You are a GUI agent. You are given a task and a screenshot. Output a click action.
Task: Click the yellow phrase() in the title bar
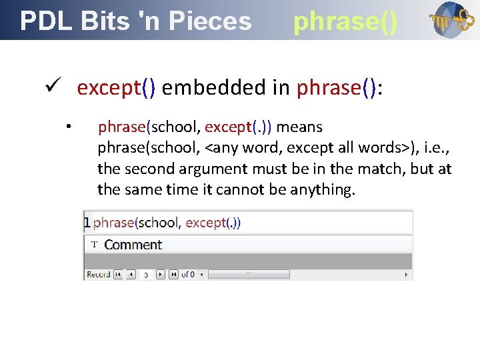click(345, 21)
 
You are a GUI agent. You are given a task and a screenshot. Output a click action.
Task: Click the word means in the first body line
click(300, 127)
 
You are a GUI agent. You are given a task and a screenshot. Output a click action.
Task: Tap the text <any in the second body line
click(221, 147)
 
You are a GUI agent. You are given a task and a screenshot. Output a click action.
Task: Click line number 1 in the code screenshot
click(87, 223)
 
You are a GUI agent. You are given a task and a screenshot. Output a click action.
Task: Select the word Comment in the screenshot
click(133, 245)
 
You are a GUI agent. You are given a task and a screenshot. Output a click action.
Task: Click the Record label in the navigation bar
click(98, 274)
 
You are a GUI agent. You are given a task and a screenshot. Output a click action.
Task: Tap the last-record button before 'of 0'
click(173, 274)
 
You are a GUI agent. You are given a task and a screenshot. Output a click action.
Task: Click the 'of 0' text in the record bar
click(188, 274)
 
